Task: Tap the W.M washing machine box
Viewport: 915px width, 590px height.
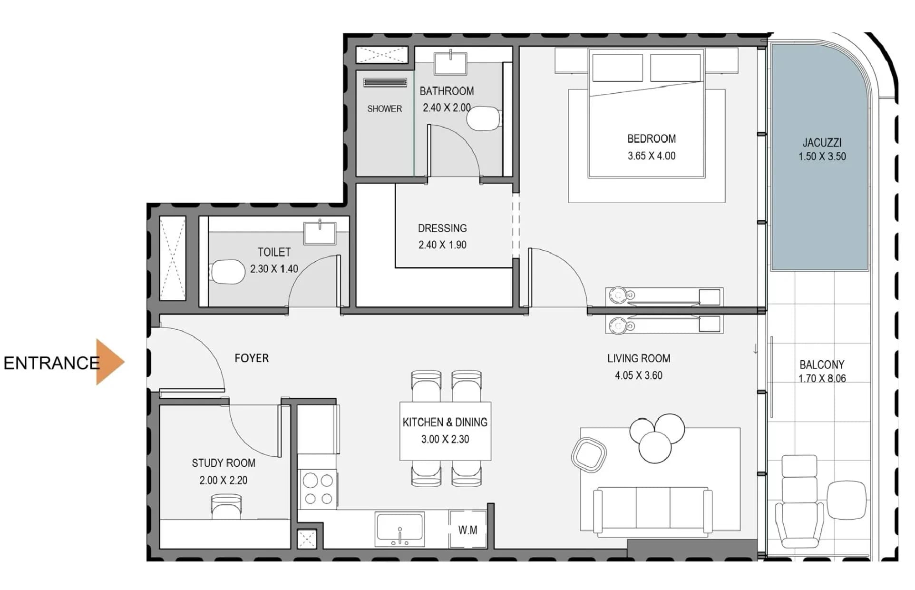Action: point(468,529)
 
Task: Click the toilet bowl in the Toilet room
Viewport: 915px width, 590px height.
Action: point(227,272)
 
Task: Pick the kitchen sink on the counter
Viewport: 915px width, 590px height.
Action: point(399,529)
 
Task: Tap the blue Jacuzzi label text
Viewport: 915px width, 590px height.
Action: point(822,142)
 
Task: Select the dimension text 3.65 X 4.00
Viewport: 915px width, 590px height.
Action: point(651,156)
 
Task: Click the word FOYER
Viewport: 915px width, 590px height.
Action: point(252,358)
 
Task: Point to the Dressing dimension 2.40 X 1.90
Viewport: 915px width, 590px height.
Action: point(442,245)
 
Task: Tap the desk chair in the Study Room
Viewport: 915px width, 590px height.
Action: point(226,507)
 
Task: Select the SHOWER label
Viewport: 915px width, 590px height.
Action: point(384,109)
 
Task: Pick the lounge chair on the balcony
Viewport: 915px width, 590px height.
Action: point(799,502)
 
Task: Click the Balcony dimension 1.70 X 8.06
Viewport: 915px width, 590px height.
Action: point(822,379)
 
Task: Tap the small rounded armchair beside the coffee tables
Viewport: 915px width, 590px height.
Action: point(589,455)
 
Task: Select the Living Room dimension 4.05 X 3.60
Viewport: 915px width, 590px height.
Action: point(638,375)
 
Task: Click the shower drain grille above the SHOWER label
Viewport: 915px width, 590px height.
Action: point(385,83)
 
